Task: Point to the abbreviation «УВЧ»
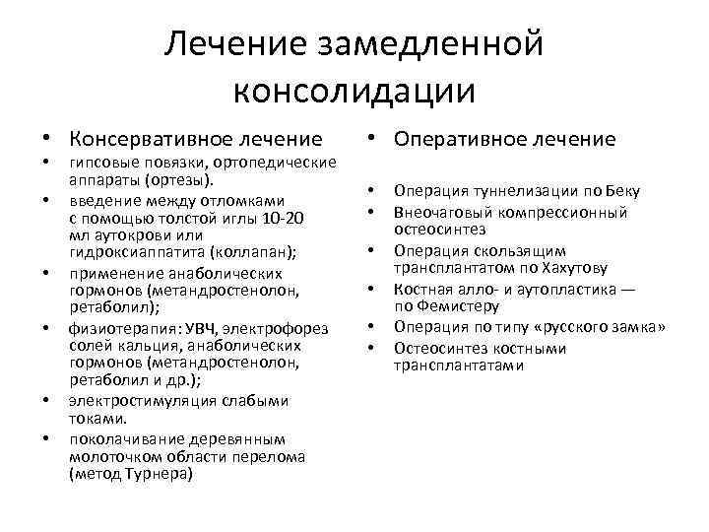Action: (x=168, y=328)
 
